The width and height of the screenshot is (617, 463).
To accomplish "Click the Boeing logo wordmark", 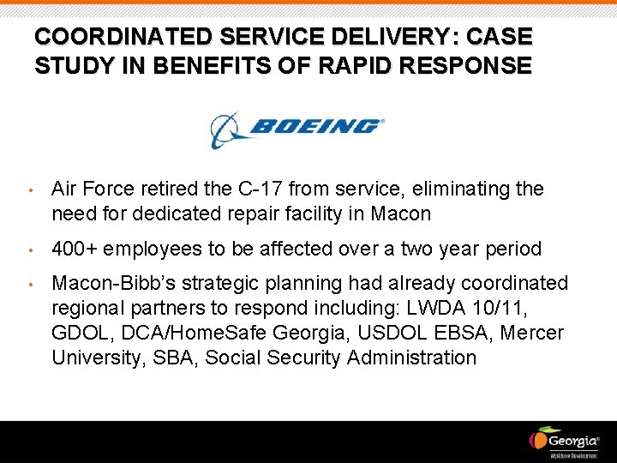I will pyautogui.click(x=314, y=126).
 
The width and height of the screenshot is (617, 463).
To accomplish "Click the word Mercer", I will pyautogui.click(x=532, y=333).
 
